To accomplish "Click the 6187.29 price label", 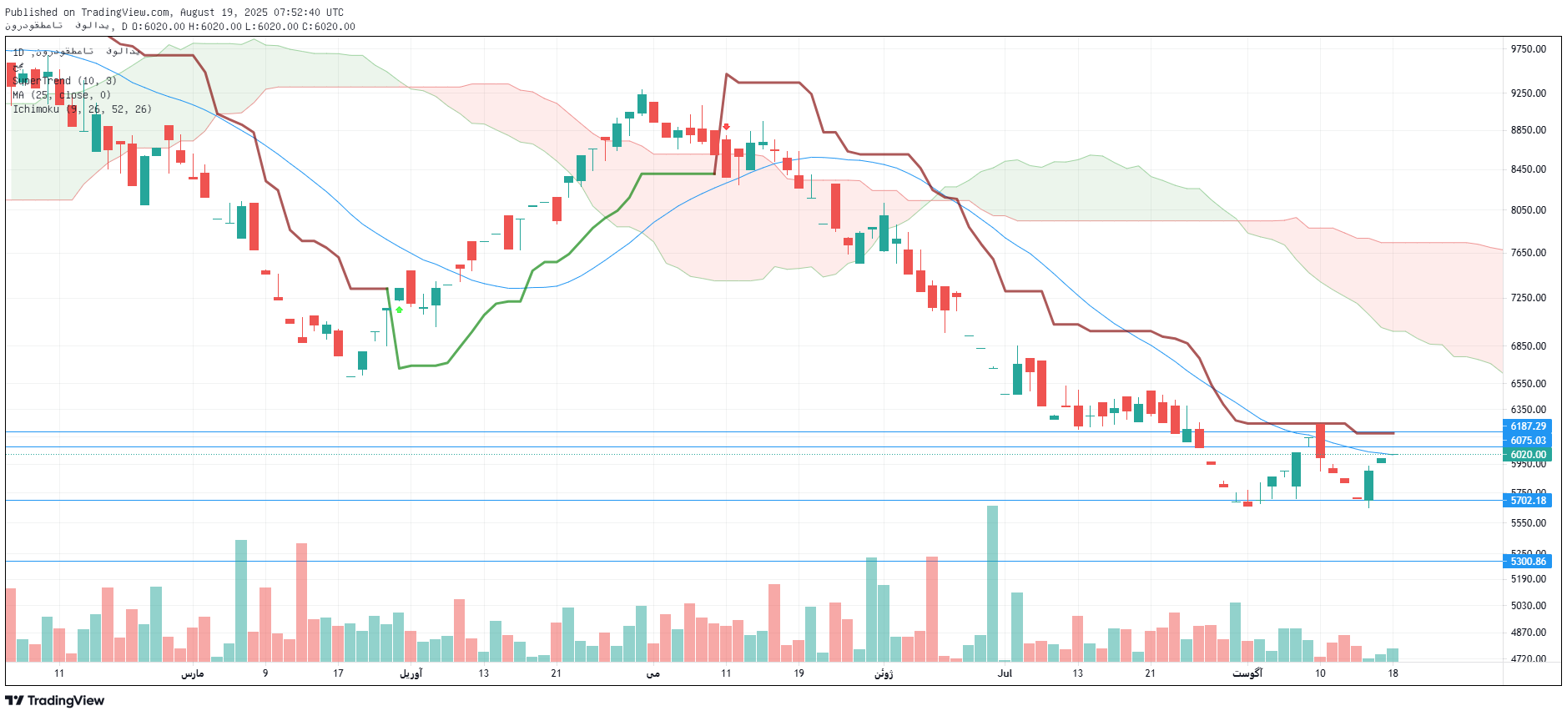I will click(x=1528, y=426).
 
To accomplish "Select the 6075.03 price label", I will click(x=1528, y=441).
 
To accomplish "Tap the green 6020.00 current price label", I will click(x=1528, y=455).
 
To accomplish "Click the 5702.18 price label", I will click(x=1528, y=501).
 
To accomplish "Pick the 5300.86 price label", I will click(x=1528, y=562).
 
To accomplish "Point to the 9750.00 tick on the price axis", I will click(x=1528, y=49).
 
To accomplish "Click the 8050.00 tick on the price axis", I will click(x=1528, y=210).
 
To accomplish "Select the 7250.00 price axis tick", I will click(x=1528, y=298).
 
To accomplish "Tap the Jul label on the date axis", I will click(x=1005, y=673).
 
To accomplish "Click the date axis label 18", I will click(x=1393, y=673).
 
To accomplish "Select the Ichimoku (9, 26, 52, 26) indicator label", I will click(x=82, y=109).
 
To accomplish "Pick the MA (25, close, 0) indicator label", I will click(x=62, y=95).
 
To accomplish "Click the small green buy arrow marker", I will click(x=400, y=310).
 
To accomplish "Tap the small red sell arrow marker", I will click(x=726, y=127).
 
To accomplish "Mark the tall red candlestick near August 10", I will click(x=1320, y=441).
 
